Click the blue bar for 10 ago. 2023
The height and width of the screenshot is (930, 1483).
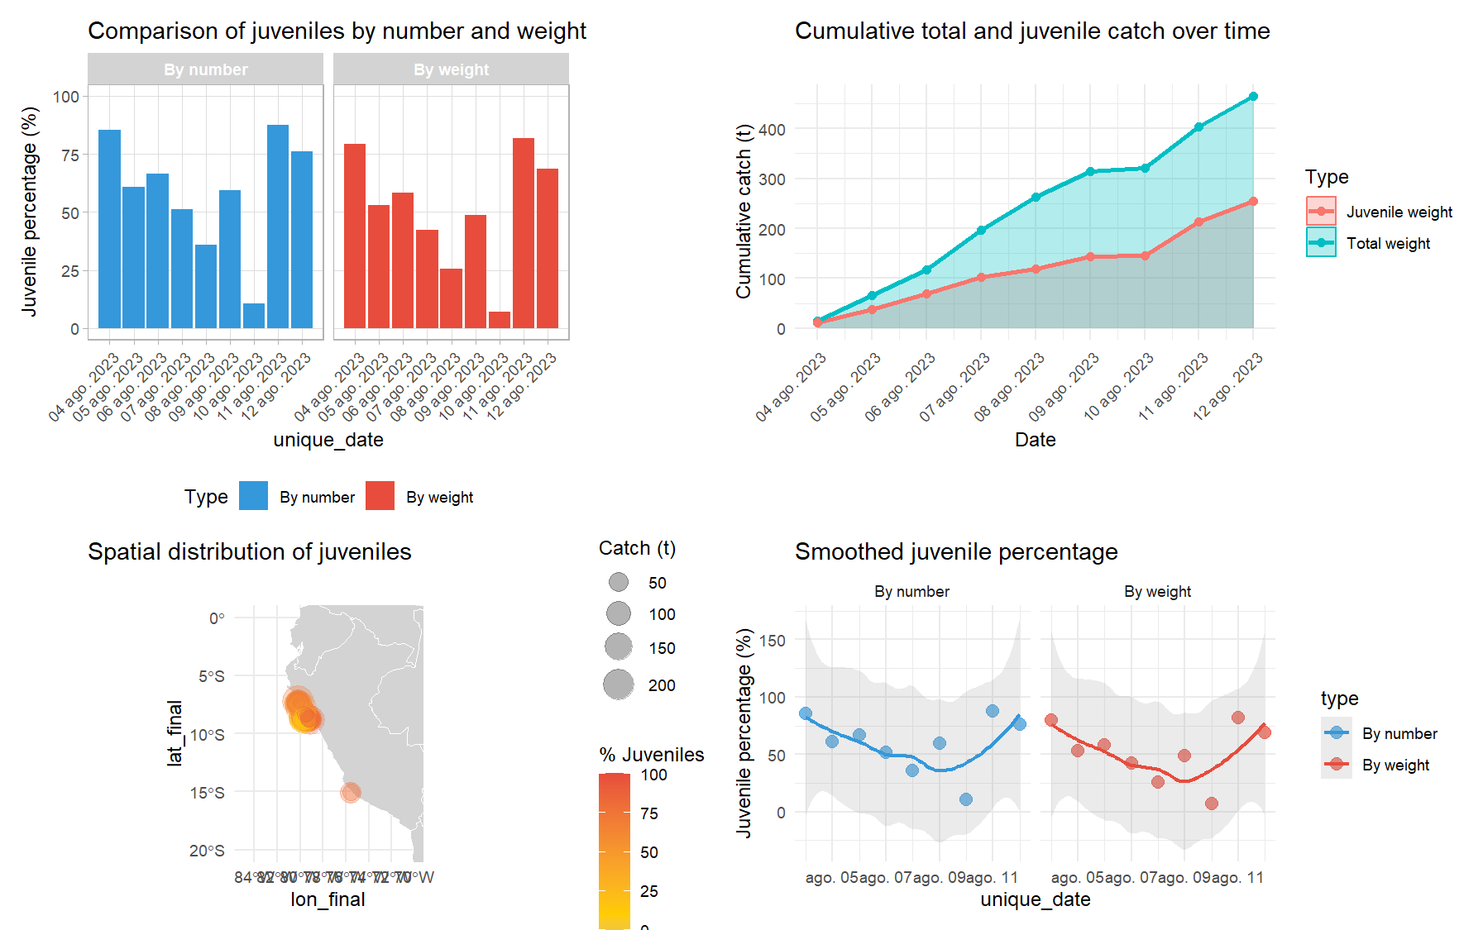pyautogui.click(x=254, y=316)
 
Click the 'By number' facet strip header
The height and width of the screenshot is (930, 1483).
pyautogui.click(x=205, y=69)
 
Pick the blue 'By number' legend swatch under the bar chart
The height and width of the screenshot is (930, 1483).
pyautogui.click(x=253, y=496)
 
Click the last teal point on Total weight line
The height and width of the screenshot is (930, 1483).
pyautogui.click(x=1253, y=97)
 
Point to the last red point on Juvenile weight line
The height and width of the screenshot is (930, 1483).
pyautogui.click(x=1253, y=202)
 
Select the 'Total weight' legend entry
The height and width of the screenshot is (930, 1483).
pyautogui.click(x=1387, y=243)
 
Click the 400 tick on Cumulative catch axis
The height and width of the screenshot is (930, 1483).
pyautogui.click(x=771, y=130)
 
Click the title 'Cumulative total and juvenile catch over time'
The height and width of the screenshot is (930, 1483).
pyautogui.click(x=1031, y=31)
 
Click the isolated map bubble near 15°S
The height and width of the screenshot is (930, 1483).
pyautogui.click(x=351, y=792)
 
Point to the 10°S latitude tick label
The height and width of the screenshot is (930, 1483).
pyautogui.click(x=207, y=734)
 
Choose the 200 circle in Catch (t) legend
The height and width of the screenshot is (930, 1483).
pyautogui.click(x=619, y=684)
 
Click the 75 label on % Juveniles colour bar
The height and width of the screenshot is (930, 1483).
pyautogui.click(x=649, y=813)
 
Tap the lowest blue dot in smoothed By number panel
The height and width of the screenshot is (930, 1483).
pyautogui.click(x=966, y=799)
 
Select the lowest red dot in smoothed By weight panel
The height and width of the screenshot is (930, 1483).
pyautogui.click(x=1212, y=804)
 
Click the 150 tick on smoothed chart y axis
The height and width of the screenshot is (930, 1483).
pyautogui.click(x=771, y=641)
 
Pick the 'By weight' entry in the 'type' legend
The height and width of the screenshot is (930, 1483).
pyautogui.click(x=1394, y=765)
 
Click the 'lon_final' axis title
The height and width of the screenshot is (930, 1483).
pyautogui.click(x=328, y=899)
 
